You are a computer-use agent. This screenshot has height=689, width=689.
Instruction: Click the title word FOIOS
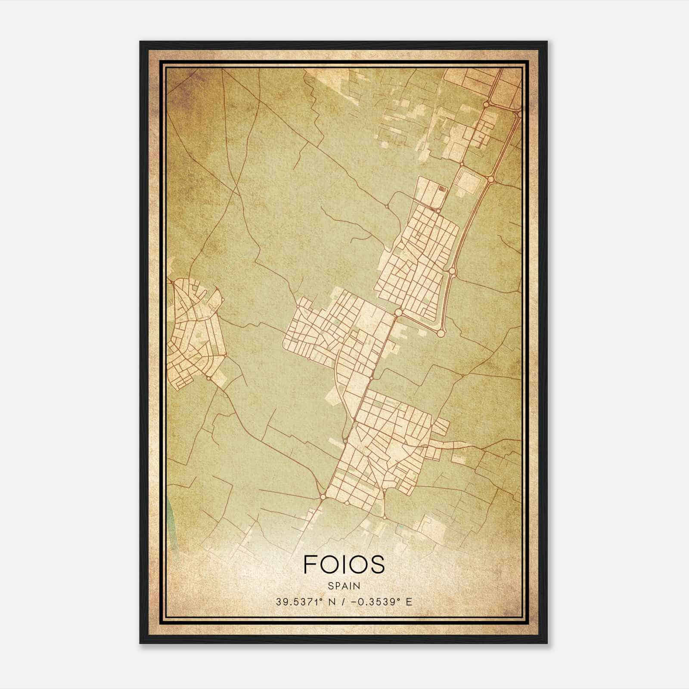pyautogui.click(x=344, y=565)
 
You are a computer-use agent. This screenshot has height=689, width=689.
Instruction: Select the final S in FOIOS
pyautogui.click(x=377, y=565)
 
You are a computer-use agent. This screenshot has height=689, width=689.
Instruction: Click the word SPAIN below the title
pyautogui.click(x=344, y=586)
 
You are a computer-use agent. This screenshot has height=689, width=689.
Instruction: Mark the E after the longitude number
pyautogui.click(x=410, y=602)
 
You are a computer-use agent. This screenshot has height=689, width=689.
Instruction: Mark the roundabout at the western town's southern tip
pyautogui.click(x=209, y=378)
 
